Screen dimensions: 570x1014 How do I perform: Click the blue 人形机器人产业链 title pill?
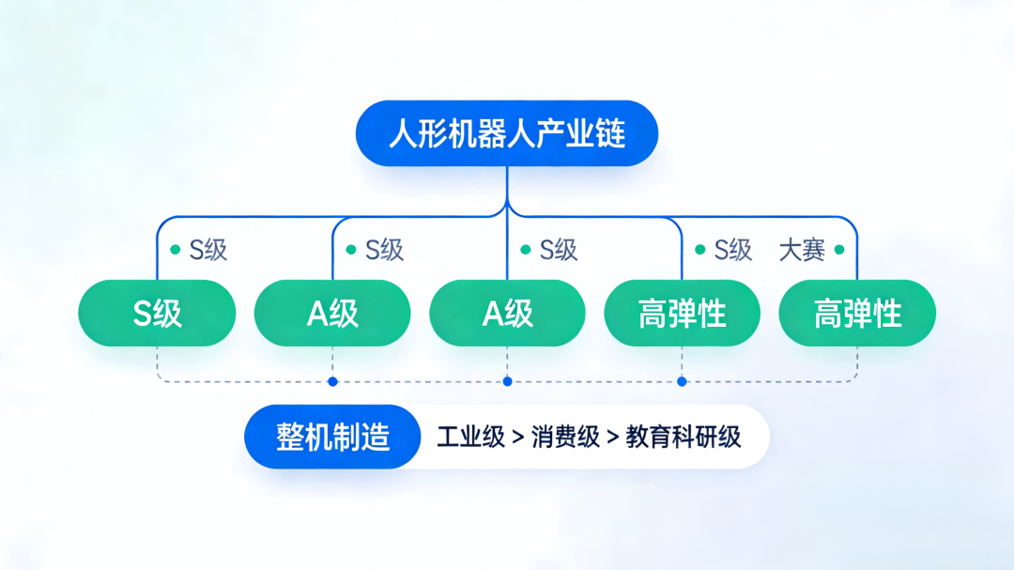click(x=507, y=133)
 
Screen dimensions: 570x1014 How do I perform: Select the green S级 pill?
click(x=157, y=313)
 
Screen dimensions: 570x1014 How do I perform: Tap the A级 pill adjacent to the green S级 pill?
click(x=332, y=313)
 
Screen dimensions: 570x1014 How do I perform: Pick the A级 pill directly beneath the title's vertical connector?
click(x=507, y=313)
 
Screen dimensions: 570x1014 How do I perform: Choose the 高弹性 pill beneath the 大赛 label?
click(x=857, y=313)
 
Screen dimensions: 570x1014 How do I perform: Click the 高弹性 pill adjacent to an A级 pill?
click(x=682, y=313)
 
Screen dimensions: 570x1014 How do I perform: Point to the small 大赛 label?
click(x=802, y=250)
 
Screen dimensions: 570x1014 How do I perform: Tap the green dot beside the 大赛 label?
click(x=839, y=250)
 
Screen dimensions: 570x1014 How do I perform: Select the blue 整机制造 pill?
click(x=332, y=437)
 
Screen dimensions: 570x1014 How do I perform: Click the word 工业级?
click(x=470, y=437)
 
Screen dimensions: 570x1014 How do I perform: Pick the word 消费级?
click(x=565, y=437)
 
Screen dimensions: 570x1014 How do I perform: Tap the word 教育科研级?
click(x=684, y=437)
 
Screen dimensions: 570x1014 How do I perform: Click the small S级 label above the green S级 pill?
click(x=208, y=250)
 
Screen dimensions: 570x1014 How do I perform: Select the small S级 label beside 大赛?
click(x=733, y=250)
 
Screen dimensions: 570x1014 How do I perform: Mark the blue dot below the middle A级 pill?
click(x=507, y=381)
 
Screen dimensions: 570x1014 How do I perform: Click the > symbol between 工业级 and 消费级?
click(x=517, y=438)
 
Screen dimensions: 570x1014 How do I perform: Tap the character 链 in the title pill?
click(x=611, y=133)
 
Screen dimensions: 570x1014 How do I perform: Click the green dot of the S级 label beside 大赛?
click(x=699, y=250)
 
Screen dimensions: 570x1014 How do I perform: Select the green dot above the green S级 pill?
click(x=175, y=250)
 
